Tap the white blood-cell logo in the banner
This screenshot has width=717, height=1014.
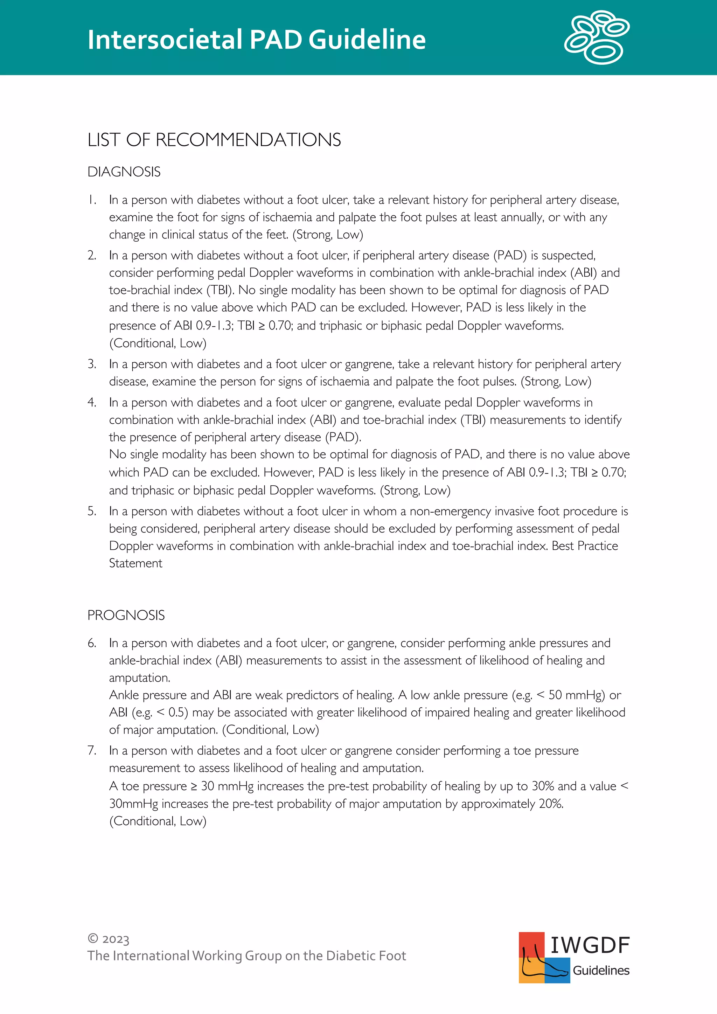(597, 37)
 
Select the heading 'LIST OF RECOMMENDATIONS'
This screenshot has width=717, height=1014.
(214, 140)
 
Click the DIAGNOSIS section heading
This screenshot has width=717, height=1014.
(124, 172)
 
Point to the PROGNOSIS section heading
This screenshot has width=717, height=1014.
(126, 615)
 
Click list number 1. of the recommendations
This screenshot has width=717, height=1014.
(92, 200)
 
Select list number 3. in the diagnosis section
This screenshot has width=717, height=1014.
(92, 364)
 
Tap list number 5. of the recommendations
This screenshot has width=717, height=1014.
(92, 511)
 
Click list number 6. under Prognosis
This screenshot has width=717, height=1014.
(92, 643)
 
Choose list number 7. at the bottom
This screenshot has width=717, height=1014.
(92, 750)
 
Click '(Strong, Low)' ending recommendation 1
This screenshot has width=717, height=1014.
(328, 235)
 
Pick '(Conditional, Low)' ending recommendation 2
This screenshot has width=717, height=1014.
(158, 343)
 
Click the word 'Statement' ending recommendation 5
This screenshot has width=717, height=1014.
(135, 563)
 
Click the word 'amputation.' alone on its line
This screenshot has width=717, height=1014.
(140, 678)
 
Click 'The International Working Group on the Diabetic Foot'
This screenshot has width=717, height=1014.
(246, 956)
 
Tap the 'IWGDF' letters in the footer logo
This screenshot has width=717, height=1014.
(590, 945)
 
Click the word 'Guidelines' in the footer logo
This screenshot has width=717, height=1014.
(601, 971)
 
